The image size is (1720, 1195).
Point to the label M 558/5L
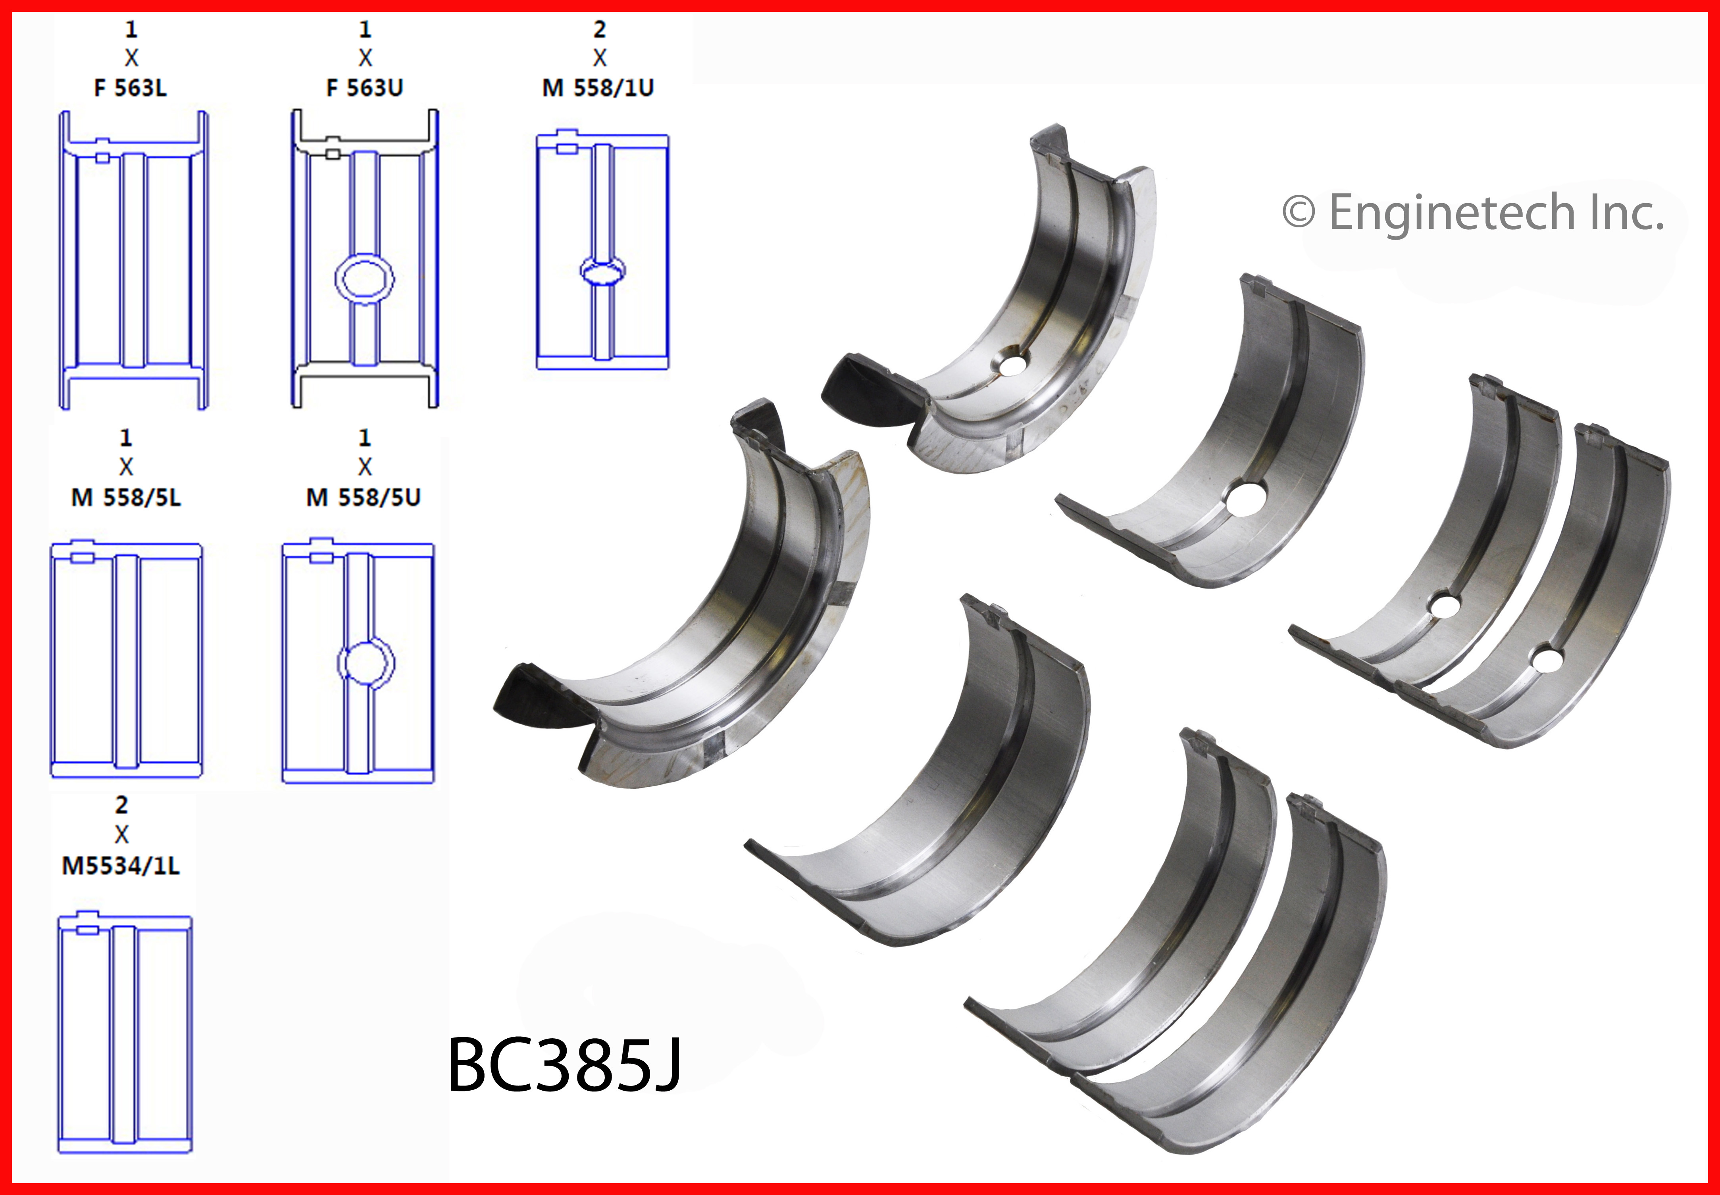126,497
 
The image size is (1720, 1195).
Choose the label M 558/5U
364,497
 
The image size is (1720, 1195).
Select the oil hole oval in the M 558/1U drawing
603,271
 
